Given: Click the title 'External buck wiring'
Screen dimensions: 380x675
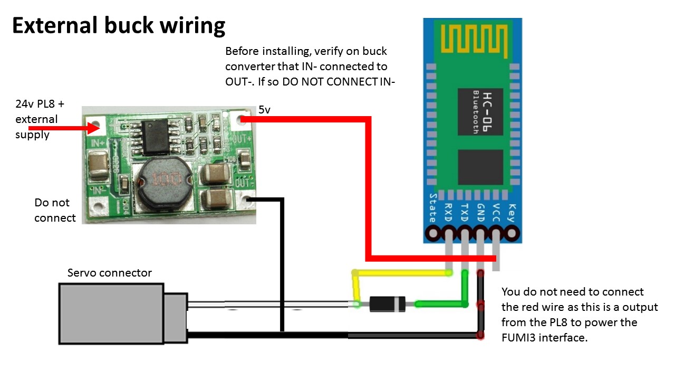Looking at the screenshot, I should (119, 25).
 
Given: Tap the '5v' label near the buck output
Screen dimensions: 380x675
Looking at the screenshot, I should (265, 110).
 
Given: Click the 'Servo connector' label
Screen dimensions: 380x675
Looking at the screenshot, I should (109, 273).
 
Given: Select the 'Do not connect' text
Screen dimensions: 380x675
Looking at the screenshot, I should (55, 210).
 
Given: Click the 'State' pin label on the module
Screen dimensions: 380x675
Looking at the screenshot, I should (433, 207).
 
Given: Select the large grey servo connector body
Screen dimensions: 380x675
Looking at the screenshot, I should (111, 313).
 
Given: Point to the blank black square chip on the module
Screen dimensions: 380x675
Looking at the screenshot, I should (481, 167).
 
